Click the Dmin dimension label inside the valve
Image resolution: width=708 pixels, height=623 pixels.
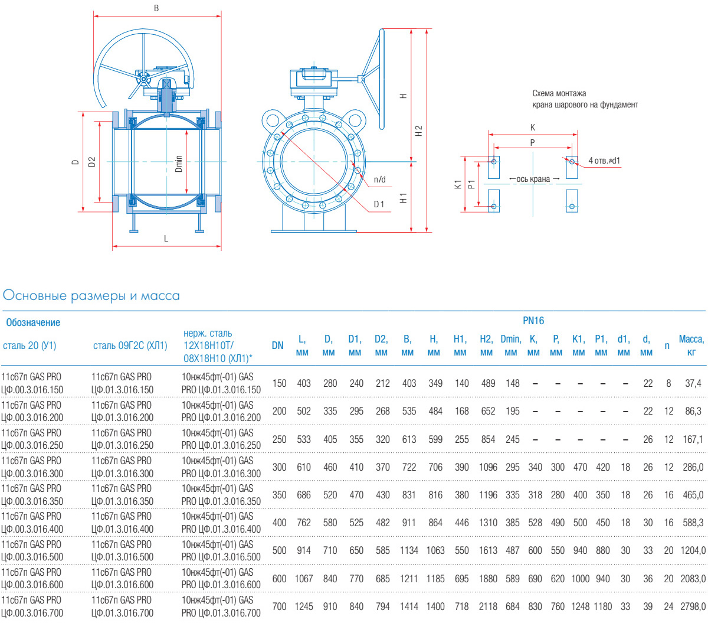(x=179, y=164)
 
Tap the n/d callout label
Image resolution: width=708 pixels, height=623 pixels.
(x=380, y=180)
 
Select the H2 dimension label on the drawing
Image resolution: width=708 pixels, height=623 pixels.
(x=419, y=131)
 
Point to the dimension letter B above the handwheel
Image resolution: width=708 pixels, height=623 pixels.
(x=156, y=9)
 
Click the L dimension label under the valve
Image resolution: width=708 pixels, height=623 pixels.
(x=166, y=239)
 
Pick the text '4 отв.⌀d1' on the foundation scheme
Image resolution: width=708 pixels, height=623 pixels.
(x=604, y=161)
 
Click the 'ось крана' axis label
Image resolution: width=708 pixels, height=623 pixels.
(x=533, y=179)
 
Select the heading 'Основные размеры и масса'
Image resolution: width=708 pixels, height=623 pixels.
(x=91, y=296)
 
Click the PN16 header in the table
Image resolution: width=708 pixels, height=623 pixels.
(x=533, y=321)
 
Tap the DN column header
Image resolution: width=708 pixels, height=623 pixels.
(x=278, y=346)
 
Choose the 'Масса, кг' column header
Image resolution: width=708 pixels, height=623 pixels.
(x=691, y=345)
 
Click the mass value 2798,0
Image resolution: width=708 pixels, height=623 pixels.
(x=693, y=606)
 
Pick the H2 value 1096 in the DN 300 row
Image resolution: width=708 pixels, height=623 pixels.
(x=488, y=467)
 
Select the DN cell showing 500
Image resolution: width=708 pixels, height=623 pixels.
(x=279, y=550)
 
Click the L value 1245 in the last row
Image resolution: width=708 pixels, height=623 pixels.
(x=304, y=606)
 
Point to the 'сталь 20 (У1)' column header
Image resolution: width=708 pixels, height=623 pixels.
(x=29, y=346)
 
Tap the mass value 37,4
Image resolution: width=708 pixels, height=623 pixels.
(x=693, y=383)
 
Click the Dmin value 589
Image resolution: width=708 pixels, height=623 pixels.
(x=513, y=579)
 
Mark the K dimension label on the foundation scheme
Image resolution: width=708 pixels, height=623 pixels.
(x=533, y=128)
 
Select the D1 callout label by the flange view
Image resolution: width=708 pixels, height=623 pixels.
(x=379, y=204)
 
